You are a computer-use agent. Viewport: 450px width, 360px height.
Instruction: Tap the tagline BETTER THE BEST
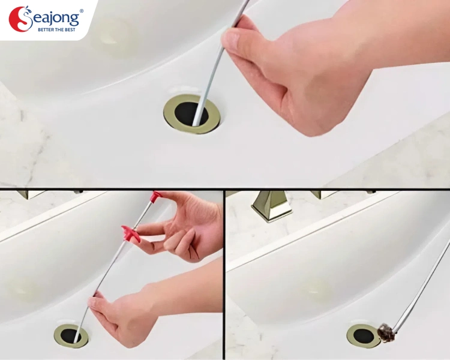pos(56,29)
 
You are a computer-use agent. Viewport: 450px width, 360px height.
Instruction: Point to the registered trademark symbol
pos(82,11)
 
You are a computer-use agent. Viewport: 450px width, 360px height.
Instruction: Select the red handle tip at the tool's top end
pos(157,197)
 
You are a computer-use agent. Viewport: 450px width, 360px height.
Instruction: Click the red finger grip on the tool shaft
pos(131,233)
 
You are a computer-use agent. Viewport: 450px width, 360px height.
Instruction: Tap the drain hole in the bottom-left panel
pos(70,335)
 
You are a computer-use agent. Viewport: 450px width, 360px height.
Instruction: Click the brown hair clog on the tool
pos(386,333)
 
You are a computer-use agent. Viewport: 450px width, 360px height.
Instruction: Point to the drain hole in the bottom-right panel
pos(364,335)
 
